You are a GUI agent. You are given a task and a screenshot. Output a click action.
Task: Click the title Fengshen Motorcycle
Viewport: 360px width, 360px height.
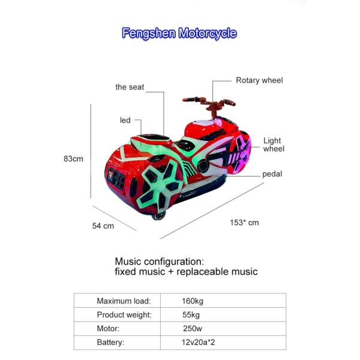click(x=179, y=33)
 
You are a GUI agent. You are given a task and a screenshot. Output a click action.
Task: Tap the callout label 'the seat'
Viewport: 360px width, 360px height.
click(x=130, y=87)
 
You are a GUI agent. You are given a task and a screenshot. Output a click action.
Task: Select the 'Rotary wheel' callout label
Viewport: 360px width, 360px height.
click(x=259, y=80)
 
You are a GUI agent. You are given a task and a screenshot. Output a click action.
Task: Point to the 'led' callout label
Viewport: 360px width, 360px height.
click(x=125, y=121)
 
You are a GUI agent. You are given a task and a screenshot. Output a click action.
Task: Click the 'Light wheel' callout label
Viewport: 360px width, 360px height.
click(x=274, y=145)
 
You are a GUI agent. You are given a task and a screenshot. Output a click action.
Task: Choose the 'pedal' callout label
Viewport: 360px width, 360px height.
click(x=272, y=175)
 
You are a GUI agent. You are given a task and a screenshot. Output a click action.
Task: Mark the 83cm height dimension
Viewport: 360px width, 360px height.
click(x=73, y=159)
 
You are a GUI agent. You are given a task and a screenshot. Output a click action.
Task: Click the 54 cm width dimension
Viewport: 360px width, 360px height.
click(x=103, y=226)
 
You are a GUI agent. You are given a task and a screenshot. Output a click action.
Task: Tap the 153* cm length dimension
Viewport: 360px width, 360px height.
click(x=244, y=223)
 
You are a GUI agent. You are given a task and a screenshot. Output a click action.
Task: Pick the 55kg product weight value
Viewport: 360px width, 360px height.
click(x=190, y=314)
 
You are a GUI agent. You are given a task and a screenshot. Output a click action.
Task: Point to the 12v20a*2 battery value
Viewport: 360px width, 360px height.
click(x=197, y=343)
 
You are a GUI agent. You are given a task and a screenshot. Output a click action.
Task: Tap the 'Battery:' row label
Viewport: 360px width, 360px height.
click(x=110, y=343)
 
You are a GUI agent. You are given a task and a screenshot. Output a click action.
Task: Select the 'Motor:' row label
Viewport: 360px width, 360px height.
click(x=108, y=329)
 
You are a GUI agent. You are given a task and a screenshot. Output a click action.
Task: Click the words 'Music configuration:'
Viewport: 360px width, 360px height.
click(x=160, y=262)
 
